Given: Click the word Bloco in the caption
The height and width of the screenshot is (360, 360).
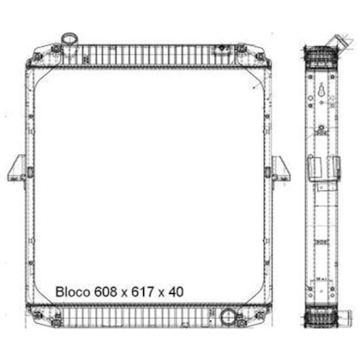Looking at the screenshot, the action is [x=73, y=292].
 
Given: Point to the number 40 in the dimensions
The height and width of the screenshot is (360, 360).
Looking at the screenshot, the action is [x=176, y=292].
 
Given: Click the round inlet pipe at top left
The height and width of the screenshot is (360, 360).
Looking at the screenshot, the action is [x=69, y=39].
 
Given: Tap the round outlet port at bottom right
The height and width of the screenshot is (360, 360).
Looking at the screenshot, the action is [x=228, y=316].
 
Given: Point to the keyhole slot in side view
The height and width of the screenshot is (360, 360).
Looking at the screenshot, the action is [x=321, y=91].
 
